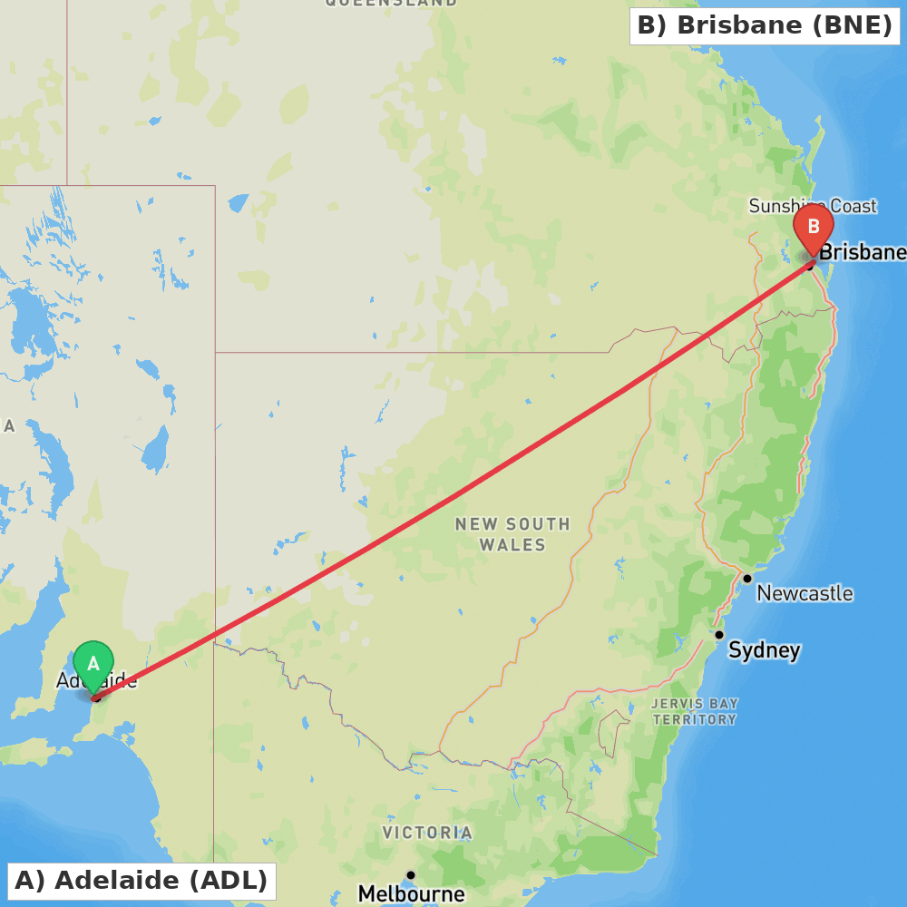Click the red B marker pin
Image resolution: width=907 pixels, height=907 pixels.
point(814,227)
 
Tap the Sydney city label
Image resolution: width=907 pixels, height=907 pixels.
point(764,650)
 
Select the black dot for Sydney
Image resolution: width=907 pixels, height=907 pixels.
point(719,635)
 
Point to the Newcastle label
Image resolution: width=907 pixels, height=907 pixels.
point(805,593)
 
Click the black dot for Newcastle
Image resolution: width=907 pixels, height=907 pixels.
point(747,578)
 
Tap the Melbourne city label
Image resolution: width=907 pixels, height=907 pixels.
point(411,894)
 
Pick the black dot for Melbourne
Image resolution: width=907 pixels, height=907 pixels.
point(411,875)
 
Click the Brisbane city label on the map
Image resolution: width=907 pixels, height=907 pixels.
point(862,252)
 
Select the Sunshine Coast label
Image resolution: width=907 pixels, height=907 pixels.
point(813,207)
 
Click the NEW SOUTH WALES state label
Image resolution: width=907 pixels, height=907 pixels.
point(512,534)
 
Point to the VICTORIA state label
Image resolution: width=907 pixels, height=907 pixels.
point(426,833)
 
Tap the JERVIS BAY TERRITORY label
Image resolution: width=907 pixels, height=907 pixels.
point(695,711)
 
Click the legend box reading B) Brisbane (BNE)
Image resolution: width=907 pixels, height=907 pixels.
point(765,25)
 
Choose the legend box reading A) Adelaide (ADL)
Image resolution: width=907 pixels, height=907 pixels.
point(141,880)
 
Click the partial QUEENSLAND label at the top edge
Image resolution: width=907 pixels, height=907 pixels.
point(391,4)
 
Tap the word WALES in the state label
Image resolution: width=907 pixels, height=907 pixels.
point(512,545)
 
